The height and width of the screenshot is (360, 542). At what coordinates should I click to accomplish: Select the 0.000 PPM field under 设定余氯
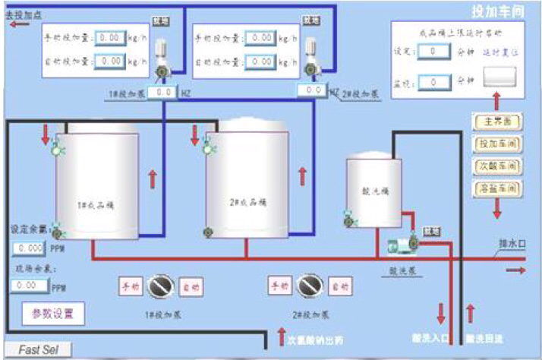click(29, 248)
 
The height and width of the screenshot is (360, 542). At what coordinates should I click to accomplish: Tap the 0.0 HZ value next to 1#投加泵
click(162, 93)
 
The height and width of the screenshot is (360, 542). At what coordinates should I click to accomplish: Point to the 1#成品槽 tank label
click(96, 205)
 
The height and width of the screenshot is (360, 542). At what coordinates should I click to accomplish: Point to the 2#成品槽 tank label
click(247, 203)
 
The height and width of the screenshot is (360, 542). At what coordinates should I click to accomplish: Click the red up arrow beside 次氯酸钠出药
click(281, 336)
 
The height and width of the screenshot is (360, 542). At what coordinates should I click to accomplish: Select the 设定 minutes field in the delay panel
click(433, 52)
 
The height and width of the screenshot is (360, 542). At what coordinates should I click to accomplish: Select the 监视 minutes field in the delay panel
click(433, 81)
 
